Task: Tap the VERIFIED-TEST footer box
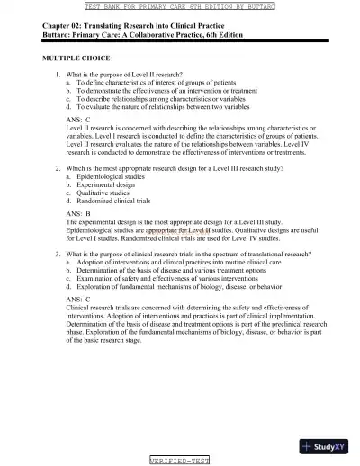179,460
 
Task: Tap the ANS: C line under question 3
78,298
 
